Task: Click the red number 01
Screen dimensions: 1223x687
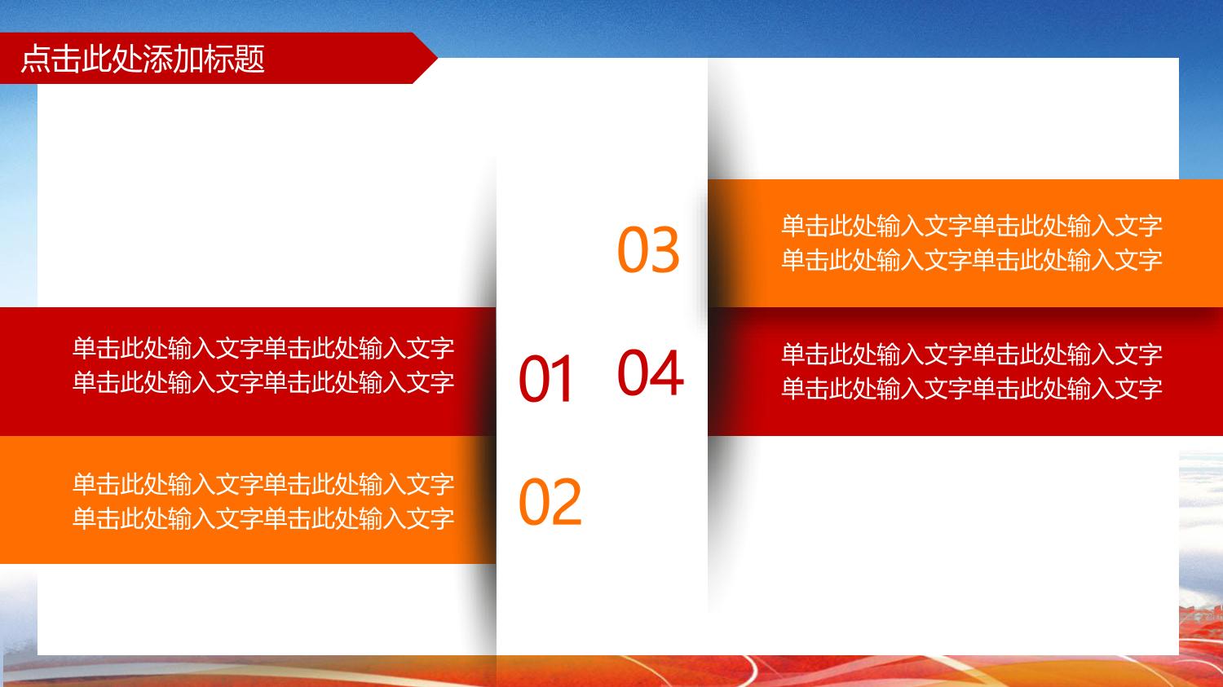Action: click(545, 378)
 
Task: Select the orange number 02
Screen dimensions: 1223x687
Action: click(550, 501)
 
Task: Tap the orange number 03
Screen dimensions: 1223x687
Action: click(649, 249)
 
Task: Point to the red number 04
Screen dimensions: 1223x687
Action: click(651, 372)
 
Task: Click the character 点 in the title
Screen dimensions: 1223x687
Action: click(36, 59)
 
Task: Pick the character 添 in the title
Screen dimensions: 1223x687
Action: click(158, 59)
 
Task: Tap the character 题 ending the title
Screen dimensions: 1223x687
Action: click(249, 59)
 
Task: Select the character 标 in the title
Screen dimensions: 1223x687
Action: click(219, 59)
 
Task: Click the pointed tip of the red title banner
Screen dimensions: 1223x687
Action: click(437, 57)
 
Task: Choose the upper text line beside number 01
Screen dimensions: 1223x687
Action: click(263, 348)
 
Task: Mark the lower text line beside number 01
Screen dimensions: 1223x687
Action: click(263, 382)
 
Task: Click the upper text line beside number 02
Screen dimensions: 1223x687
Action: click(263, 484)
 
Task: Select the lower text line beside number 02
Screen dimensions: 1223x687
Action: click(263, 517)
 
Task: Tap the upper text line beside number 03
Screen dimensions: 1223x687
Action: click(972, 226)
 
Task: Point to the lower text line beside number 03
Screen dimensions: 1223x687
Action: click(972, 260)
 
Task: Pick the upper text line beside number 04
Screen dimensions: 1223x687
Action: click(972, 355)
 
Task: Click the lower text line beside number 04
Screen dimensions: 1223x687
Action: click(972, 388)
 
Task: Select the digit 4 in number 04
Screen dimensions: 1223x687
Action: click(667, 372)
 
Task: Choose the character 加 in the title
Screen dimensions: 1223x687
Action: click(188, 59)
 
